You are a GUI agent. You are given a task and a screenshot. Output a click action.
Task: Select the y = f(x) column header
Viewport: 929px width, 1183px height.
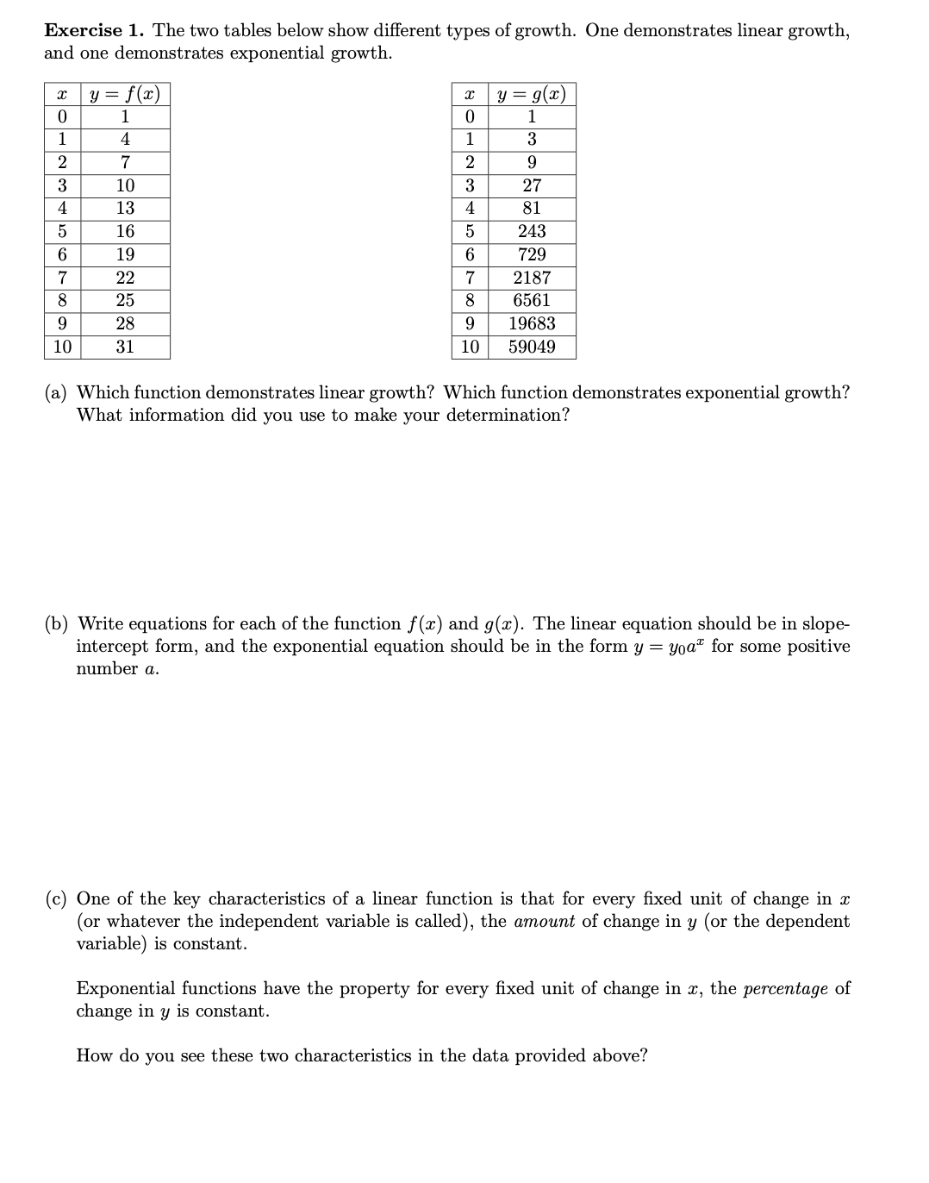coord(125,93)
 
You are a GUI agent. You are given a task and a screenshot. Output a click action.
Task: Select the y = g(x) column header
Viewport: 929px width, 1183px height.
coord(532,93)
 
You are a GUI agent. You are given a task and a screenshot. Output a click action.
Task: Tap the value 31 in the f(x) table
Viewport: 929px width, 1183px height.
coord(125,347)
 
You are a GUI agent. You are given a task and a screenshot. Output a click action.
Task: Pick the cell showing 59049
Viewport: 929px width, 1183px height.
coord(532,347)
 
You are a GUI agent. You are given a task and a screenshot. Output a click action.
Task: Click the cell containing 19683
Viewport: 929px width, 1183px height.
coord(532,323)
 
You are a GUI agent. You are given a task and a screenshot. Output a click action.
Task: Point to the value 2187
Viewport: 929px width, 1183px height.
coord(532,278)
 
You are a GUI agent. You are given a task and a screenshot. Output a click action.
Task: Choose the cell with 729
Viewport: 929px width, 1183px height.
coord(532,254)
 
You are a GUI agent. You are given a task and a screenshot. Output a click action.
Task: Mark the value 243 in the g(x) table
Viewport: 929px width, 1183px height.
coord(532,231)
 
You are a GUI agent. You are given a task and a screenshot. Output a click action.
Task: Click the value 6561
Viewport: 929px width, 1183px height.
coord(532,300)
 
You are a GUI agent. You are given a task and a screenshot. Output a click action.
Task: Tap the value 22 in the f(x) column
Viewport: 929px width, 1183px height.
coord(125,278)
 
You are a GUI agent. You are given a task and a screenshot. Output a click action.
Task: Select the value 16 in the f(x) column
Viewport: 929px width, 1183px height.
coord(125,231)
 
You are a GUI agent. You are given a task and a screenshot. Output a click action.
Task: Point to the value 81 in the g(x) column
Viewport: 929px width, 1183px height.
coord(532,208)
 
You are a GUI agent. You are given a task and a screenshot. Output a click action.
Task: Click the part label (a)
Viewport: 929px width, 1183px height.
coord(57,392)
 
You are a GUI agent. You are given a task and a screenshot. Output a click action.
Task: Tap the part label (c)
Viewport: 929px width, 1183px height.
coord(57,898)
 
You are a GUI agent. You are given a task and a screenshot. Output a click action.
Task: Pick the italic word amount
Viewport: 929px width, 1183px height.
coord(544,921)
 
